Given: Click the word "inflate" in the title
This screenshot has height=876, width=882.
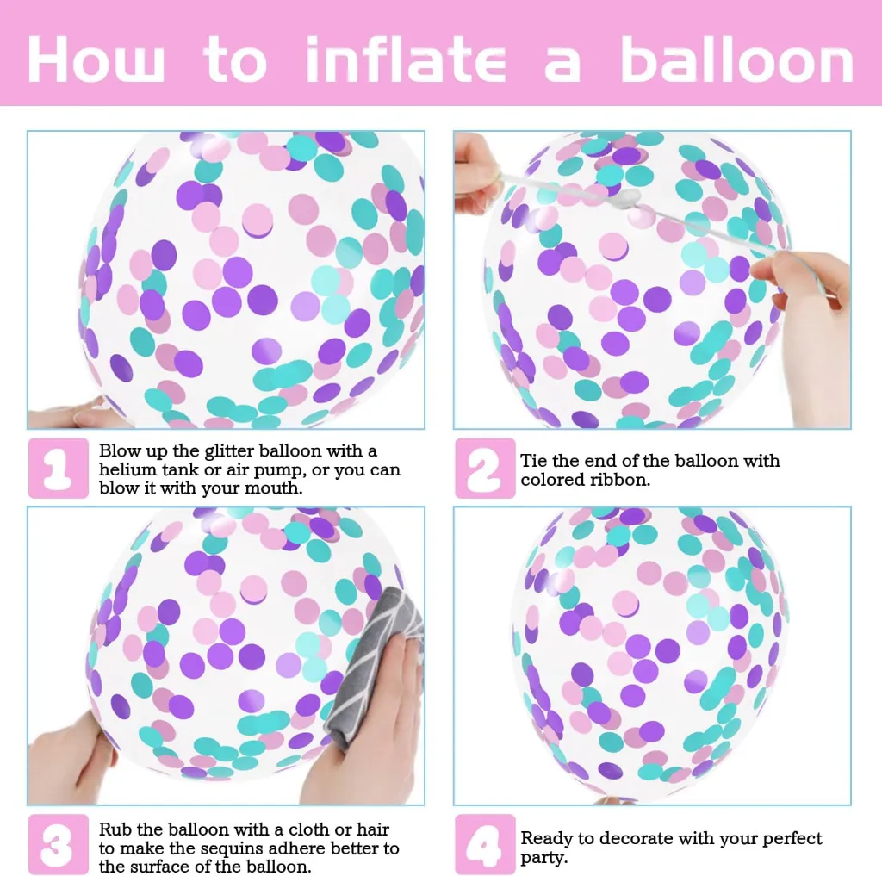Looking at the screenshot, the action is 407,59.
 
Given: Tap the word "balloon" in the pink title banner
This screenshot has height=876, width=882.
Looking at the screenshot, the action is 737,59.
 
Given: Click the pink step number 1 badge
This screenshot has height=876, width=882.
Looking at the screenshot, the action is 58,468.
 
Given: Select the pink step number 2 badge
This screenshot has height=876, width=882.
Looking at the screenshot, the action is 485,468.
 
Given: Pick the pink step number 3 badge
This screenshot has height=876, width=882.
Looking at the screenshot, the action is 58,844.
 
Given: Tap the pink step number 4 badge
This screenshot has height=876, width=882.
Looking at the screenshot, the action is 485,844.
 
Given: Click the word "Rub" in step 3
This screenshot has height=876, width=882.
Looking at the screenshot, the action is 115,829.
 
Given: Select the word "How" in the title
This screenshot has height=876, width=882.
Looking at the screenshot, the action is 96,59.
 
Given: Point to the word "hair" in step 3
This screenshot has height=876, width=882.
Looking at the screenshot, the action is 373,829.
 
